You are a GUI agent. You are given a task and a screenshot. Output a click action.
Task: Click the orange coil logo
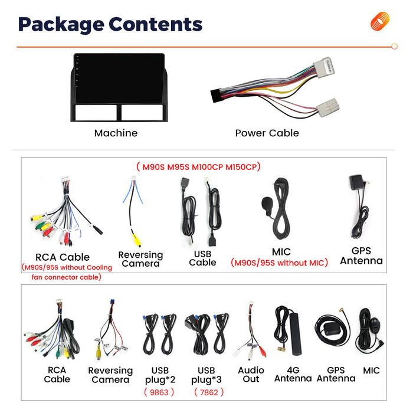pos(379,21)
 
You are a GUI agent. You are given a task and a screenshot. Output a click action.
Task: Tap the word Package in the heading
pos(61,25)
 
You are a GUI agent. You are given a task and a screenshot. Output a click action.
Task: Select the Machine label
pos(116,133)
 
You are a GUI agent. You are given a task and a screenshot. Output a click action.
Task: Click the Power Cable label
pos(267,133)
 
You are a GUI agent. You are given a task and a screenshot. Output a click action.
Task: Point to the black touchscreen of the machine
pos(119,78)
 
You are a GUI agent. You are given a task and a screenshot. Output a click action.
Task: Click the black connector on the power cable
pos(217,96)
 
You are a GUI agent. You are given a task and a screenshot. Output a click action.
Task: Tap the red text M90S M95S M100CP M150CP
pos(198,167)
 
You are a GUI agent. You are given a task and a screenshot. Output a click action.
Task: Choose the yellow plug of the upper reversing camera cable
pos(136,240)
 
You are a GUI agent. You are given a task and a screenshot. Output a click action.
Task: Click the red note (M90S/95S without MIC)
pos(279,263)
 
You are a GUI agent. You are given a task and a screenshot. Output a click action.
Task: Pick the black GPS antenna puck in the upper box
pos(356,182)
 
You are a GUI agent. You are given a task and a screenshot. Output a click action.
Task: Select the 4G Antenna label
pos(293,374)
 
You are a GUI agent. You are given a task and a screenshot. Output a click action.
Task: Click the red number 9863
pos(159,392)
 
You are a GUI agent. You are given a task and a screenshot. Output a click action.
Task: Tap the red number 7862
pos(209,392)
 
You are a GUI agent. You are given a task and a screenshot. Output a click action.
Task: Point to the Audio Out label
pos(251,375)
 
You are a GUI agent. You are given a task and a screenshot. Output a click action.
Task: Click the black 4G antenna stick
pos(296,333)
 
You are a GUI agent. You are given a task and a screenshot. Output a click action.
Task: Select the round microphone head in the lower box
pos(374,323)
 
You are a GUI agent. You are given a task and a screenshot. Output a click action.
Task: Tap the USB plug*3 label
pos(206,375)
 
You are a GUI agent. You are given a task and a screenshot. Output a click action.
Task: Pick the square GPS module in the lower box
pos(332,329)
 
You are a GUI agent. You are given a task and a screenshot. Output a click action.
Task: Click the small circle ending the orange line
pos(394,47)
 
